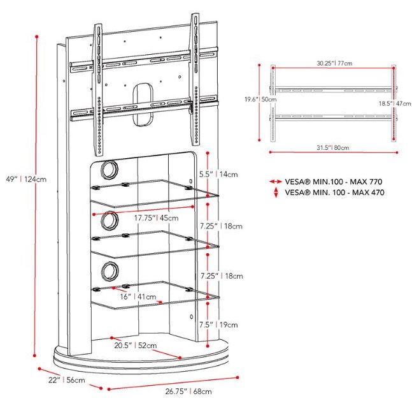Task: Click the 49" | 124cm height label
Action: [x=26, y=179]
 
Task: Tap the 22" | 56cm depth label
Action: [x=66, y=380]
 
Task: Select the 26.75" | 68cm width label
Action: [x=188, y=391]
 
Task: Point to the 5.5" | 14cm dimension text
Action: [x=218, y=174]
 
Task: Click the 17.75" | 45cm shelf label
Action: [x=157, y=218]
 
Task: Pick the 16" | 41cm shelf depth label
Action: [x=138, y=297]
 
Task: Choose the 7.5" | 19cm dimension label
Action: [x=218, y=325]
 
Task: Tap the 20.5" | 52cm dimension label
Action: [x=136, y=345]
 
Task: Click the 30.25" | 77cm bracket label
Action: [x=334, y=63]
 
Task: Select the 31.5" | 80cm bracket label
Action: [x=332, y=147]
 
